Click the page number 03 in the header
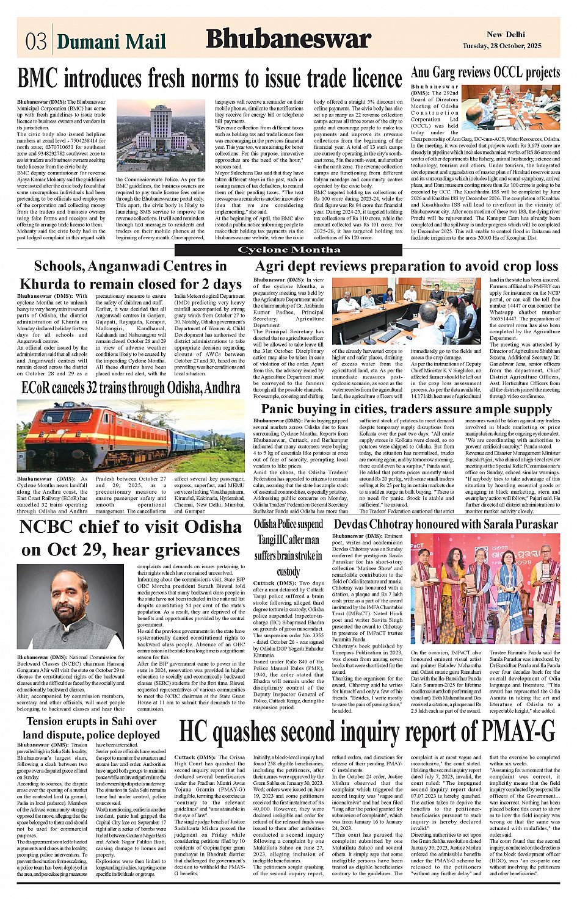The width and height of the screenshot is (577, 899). pos(35,41)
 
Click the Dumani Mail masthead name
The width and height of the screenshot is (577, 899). pos(111,42)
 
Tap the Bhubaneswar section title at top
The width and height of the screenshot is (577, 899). pos(288,39)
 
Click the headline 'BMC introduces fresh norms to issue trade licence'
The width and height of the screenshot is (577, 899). pos(209,79)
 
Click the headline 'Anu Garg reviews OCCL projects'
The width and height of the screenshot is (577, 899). pos(485,73)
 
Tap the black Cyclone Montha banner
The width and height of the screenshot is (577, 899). pos(288,250)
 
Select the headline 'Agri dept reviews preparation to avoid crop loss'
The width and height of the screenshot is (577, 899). pos(406,266)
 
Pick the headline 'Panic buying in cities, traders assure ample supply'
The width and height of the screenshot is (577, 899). pos(406,409)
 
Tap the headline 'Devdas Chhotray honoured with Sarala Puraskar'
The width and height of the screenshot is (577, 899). pos(445,524)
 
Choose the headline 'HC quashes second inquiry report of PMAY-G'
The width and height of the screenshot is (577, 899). pos(367,731)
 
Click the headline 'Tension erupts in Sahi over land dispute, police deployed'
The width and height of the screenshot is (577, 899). pos(91,728)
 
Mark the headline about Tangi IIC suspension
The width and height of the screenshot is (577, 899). pos(288,547)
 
